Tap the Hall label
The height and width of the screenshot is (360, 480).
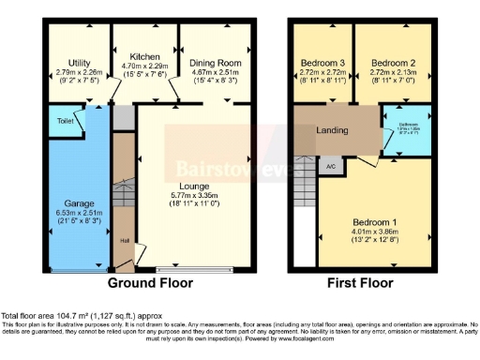[x=123, y=239]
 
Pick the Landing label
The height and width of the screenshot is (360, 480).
[x=334, y=130]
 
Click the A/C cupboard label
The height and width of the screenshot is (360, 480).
[x=331, y=167]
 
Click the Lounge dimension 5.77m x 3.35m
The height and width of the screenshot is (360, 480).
[x=193, y=196]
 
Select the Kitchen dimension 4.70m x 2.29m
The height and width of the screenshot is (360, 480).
[x=143, y=67]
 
